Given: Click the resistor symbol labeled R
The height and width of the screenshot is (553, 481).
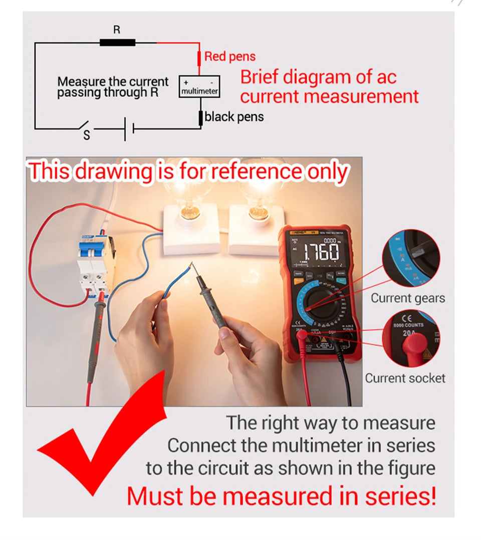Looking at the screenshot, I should tap(117, 43).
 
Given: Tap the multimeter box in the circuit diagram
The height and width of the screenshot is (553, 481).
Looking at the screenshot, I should tap(199, 87).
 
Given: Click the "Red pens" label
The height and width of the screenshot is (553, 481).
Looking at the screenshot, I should tap(229, 57).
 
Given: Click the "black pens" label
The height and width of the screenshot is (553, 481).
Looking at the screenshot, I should tap(234, 117).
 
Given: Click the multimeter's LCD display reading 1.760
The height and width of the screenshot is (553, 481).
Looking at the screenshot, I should tap(316, 253).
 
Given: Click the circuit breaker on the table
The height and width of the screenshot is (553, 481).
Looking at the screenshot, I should tap(95, 265).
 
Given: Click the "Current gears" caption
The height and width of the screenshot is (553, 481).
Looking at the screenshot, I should tap(407, 298).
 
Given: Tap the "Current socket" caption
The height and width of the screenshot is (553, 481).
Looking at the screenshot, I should tap(405, 378).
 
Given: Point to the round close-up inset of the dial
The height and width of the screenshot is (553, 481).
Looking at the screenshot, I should tap(410, 258).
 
